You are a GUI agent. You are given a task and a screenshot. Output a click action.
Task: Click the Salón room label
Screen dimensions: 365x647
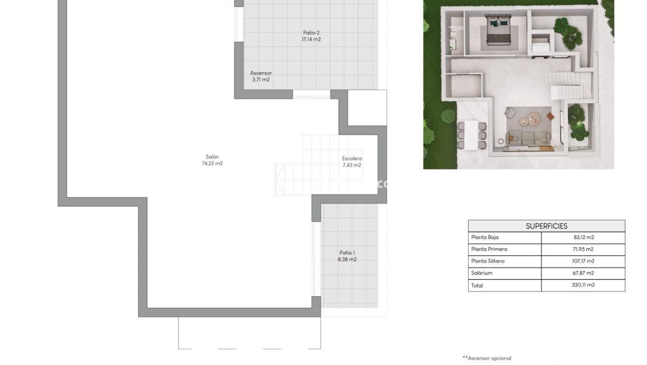(x=212, y=156)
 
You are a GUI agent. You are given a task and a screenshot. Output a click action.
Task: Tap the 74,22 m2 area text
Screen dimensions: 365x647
(x=212, y=163)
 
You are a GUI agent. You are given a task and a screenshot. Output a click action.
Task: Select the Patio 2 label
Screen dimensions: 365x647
(x=311, y=33)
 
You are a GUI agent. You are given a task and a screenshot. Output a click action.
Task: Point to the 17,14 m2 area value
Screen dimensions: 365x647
(x=311, y=40)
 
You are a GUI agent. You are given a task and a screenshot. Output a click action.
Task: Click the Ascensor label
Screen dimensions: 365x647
(x=261, y=73)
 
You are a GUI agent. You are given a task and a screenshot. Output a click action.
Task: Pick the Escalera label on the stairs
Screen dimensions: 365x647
(x=352, y=158)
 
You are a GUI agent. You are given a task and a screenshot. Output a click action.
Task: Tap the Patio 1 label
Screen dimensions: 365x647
(x=347, y=252)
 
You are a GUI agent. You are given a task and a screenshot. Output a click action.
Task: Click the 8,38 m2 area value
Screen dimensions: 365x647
(x=347, y=259)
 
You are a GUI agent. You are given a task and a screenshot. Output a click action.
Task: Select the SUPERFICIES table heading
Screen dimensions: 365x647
(x=546, y=226)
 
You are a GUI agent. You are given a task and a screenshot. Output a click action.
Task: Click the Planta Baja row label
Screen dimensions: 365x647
(x=484, y=237)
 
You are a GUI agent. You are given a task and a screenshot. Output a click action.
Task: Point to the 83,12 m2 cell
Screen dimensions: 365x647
(x=583, y=237)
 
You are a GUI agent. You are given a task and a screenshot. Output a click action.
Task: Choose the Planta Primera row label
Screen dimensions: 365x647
(x=488, y=249)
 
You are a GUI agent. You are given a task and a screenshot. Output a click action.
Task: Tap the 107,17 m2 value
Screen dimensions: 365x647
(x=583, y=261)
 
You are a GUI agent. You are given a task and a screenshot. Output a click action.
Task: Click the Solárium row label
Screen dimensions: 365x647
(x=481, y=273)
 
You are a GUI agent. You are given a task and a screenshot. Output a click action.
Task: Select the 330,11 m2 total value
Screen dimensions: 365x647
(x=583, y=285)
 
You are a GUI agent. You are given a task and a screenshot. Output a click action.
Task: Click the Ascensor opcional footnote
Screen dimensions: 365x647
(x=487, y=358)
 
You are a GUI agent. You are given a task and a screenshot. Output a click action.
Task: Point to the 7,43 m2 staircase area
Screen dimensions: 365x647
(x=352, y=165)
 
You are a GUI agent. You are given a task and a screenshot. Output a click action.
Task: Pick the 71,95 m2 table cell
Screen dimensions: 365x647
(x=583, y=249)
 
